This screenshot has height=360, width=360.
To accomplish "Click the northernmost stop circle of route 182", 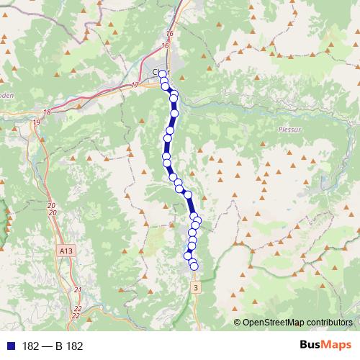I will coord(162,73).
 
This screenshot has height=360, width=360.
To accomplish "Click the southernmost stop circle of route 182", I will coord(194,267).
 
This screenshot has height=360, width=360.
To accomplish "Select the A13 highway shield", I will coord(66,250).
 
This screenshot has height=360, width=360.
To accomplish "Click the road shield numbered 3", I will coord(195,287).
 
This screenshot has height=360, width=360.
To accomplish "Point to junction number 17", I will coord(135,86).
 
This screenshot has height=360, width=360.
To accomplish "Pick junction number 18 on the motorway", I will coord(48,112).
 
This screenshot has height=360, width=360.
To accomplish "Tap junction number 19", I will coord(36,123).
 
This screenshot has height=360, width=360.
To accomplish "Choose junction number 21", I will coord(78,290).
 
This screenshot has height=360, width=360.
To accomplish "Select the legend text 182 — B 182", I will coord(53,346).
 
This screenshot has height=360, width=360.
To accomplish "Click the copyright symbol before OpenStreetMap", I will coord(238,322).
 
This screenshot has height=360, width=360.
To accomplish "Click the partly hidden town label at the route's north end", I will coord(156,71).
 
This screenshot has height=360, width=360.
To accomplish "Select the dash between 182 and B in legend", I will coord(47,346).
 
